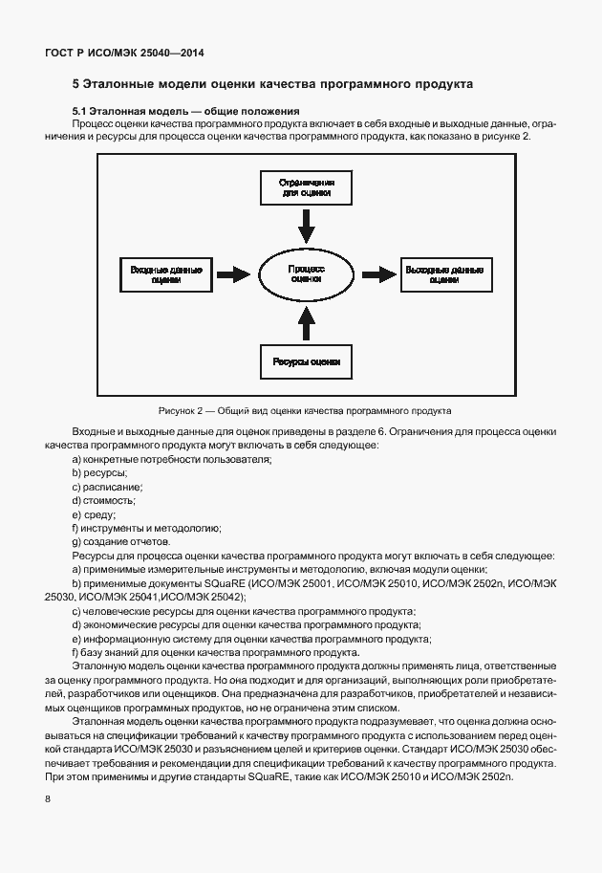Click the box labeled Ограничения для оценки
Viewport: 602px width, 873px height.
[306, 186]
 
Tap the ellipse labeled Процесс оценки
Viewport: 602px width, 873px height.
[306, 274]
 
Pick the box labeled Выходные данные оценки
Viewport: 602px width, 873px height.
[443, 274]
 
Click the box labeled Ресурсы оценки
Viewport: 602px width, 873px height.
[306, 362]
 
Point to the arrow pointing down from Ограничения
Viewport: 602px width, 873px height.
[306, 227]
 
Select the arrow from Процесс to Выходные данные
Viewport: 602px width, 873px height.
[377, 274]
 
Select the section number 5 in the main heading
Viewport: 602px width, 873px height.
[75, 84]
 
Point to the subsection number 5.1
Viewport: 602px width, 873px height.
[80, 112]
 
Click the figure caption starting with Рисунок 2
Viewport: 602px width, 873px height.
[305, 411]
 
